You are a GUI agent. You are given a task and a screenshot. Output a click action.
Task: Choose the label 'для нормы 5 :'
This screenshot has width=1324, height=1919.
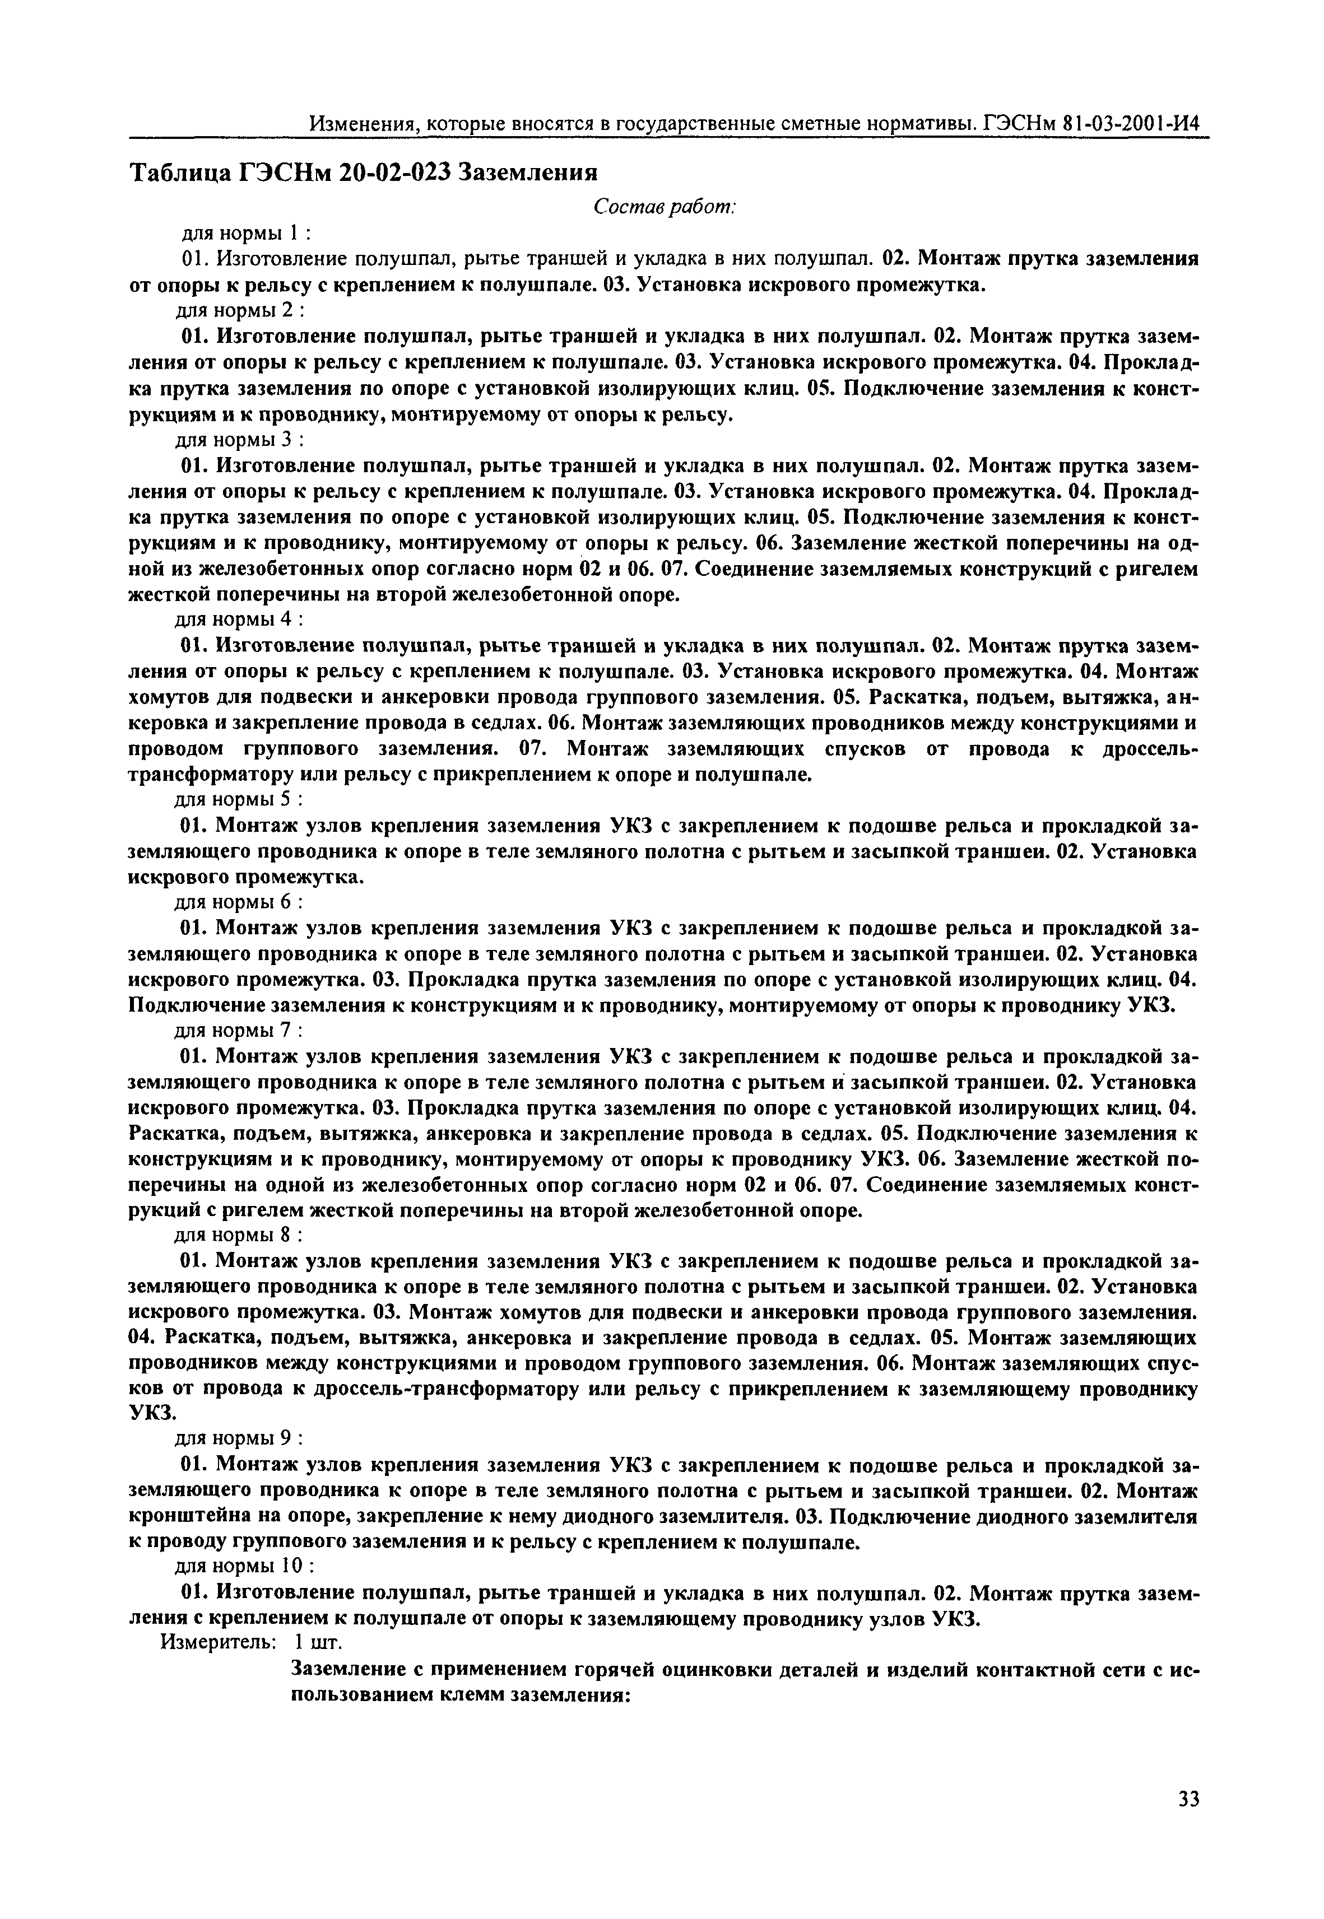tap(239, 800)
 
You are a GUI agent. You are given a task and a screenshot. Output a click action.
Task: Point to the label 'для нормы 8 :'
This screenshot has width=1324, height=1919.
tap(239, 1236)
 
